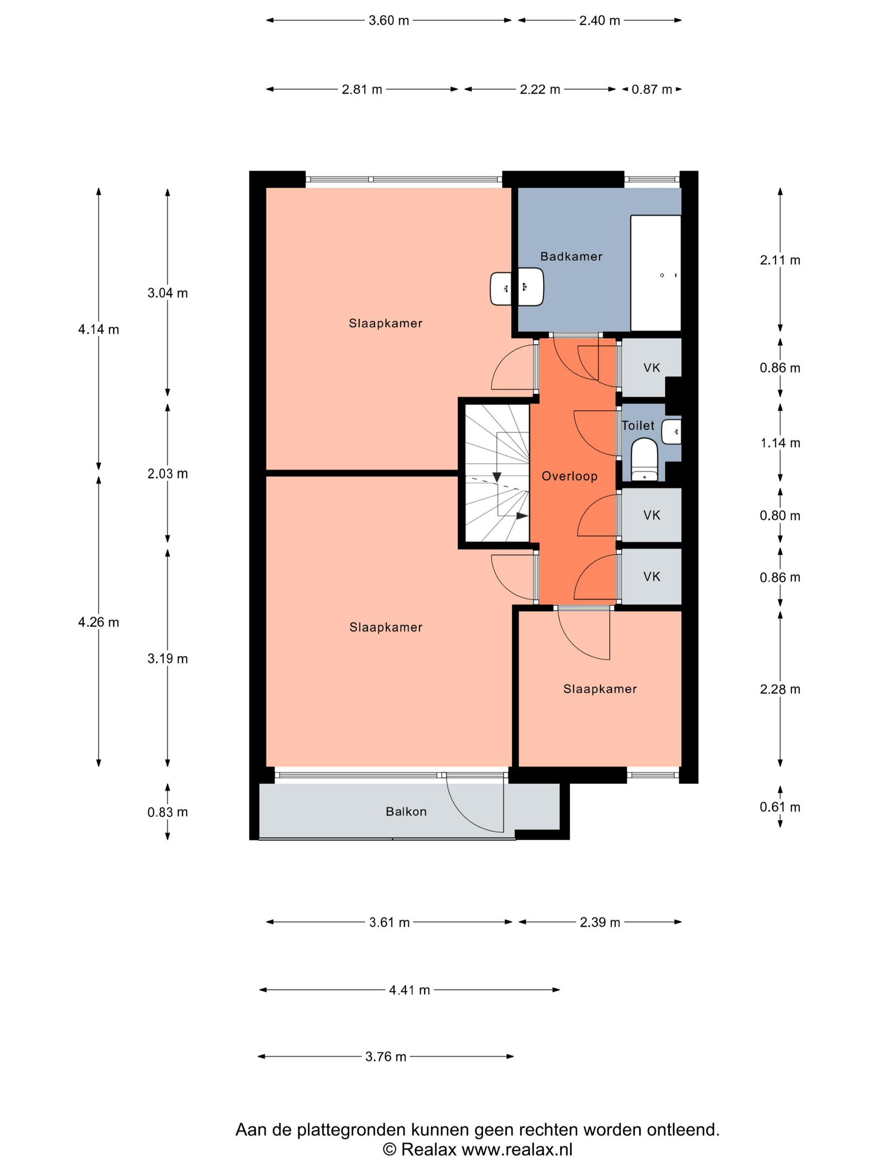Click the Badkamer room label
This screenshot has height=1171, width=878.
(x=571, y=256)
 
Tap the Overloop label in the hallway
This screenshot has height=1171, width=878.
(x=569, y=476)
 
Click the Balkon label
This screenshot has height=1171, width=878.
(x=406, y=812)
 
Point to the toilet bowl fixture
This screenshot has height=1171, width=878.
(x=644, y=459)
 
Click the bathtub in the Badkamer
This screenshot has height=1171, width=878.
(x=655, y=273)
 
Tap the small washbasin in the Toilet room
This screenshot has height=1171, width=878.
(x=671, y=432)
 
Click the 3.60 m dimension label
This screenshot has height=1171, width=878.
(x=389, y=20)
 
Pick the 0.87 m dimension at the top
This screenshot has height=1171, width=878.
(x=651, y=89)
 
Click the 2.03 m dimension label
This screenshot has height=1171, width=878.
(x=167, y=473)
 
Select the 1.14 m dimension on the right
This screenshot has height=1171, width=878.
(x=780, y=443)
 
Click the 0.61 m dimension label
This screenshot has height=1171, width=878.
(x=780, y=807)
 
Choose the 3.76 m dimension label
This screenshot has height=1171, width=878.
(x=386, y=1057)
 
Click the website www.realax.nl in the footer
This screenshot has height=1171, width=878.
(x=517, y=1149)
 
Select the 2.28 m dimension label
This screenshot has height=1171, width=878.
(x=780, y=689)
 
